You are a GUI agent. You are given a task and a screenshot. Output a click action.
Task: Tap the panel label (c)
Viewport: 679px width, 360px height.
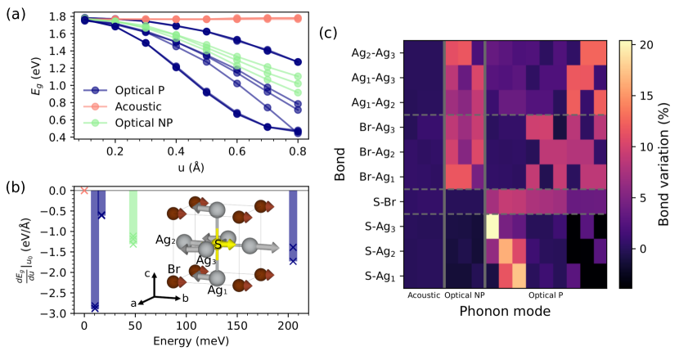point(325,34)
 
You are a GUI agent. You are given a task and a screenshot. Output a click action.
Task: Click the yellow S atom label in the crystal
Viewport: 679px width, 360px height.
point(218,244)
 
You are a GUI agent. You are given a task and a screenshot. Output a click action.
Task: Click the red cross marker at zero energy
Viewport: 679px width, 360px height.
point(84,191)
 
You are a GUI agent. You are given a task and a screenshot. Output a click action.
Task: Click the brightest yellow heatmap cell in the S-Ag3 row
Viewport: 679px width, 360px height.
point(492,226)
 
